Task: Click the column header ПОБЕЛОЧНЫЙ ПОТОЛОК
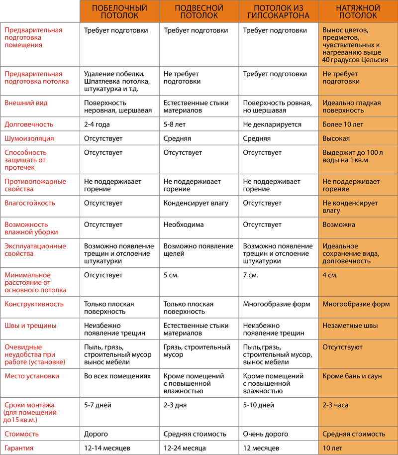click(119, 12)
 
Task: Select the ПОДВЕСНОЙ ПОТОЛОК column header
click(199, 12)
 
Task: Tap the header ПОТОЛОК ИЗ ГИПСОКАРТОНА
click(278, 12)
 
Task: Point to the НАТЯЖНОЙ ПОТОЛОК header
click(358, 12)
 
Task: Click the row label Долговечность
click(29, 124)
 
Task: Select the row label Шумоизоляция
click(29, 138)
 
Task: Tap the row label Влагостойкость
click(30, 203)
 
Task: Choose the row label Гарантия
click(19, 448)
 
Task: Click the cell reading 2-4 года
click(97, 124)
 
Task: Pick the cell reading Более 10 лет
click(343, 124)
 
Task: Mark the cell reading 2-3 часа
click(335, 405)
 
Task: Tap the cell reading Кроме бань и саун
click(352, 376)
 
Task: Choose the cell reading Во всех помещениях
click(117, 376)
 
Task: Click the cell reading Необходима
click(184, 225)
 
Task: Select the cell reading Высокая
click(336, 138)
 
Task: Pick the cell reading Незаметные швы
click(350, 326)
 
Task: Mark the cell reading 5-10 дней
click(259, 405)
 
